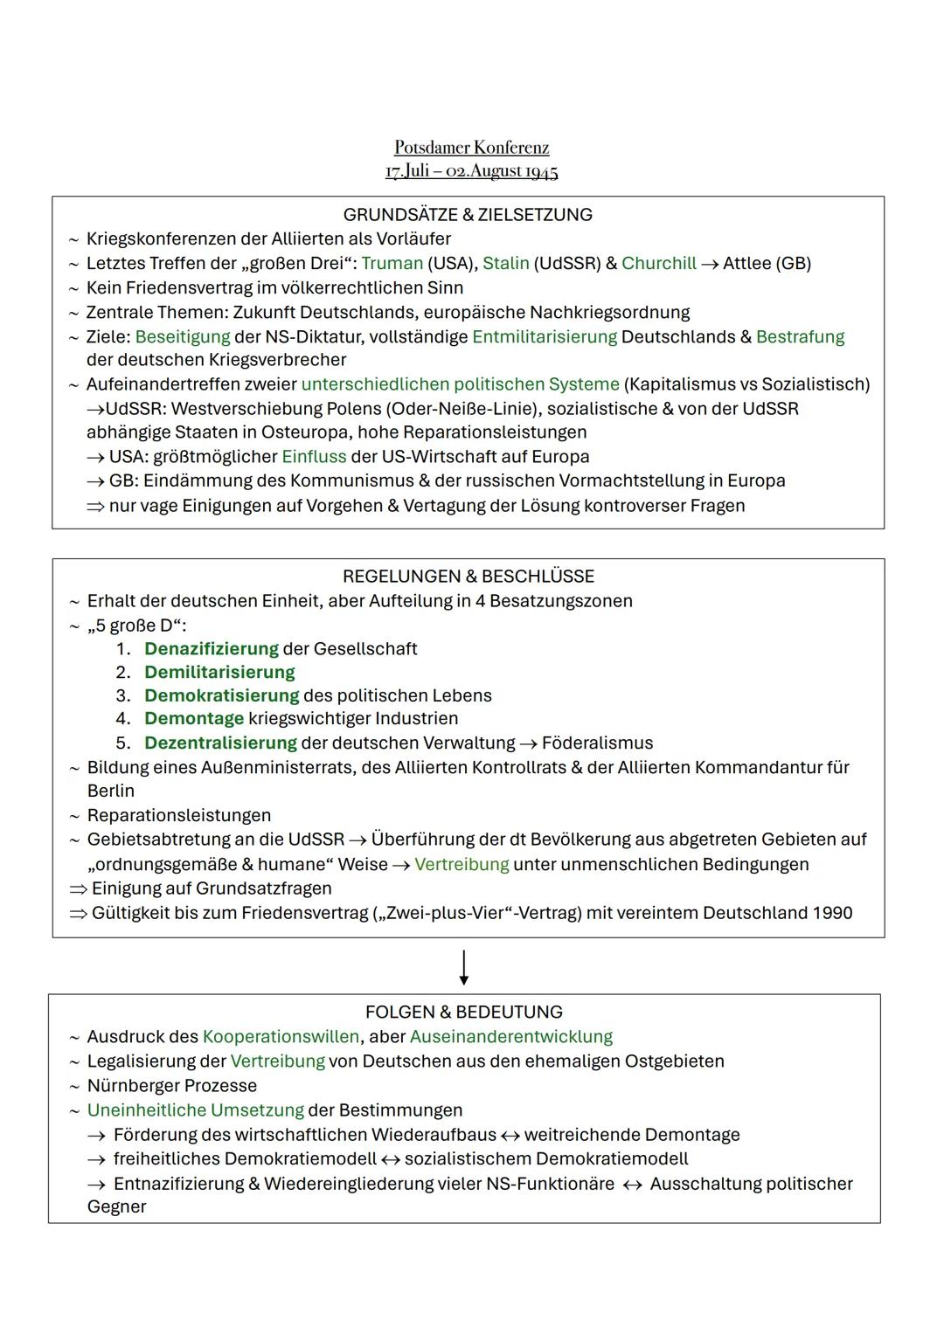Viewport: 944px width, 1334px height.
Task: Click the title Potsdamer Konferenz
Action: tap(471, 147)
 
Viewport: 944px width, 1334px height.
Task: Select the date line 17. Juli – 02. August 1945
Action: tap(471, 170)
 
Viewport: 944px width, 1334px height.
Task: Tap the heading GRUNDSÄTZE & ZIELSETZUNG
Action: tap(468, 215)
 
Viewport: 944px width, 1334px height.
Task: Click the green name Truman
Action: tap(392, 264)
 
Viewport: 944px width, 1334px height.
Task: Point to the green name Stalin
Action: tap(505, 264)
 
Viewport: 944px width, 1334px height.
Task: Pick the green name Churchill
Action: tap(658, 264)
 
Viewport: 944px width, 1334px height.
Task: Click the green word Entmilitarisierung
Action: tap(544, 337)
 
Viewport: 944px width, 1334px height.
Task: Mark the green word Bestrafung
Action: tap(800, 337)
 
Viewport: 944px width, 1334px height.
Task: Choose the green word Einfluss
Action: tap(313, 457)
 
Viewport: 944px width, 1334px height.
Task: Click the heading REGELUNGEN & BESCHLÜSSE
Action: tap(468, 577)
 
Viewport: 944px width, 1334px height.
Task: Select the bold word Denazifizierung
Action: tap(211, 649)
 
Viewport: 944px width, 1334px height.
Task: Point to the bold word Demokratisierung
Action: tap(221, 696)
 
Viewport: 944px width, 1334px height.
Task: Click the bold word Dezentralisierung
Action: tap(220, 743)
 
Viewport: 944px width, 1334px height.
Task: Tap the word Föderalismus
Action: tap(597, 743)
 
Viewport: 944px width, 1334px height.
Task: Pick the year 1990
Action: tap(831, 913)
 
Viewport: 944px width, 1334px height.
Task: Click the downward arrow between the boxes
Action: tap(463, 967)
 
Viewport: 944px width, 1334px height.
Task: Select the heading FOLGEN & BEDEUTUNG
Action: tap(463, 1013)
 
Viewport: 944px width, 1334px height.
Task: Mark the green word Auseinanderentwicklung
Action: tap(510, 1037)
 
